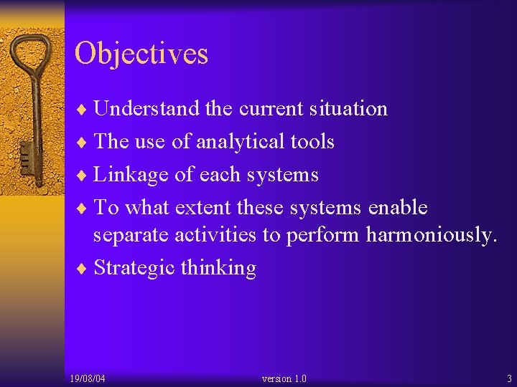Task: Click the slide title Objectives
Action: click(141, 54)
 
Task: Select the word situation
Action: click(348, 109)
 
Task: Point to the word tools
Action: click(311, 141)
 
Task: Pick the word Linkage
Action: click(125, 175)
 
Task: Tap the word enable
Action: click(397, 208)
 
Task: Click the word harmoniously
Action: click(431, 235)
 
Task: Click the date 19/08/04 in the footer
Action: click(88, 378)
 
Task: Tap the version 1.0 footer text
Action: click(284, 378)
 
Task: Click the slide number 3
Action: click(509, 378)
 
